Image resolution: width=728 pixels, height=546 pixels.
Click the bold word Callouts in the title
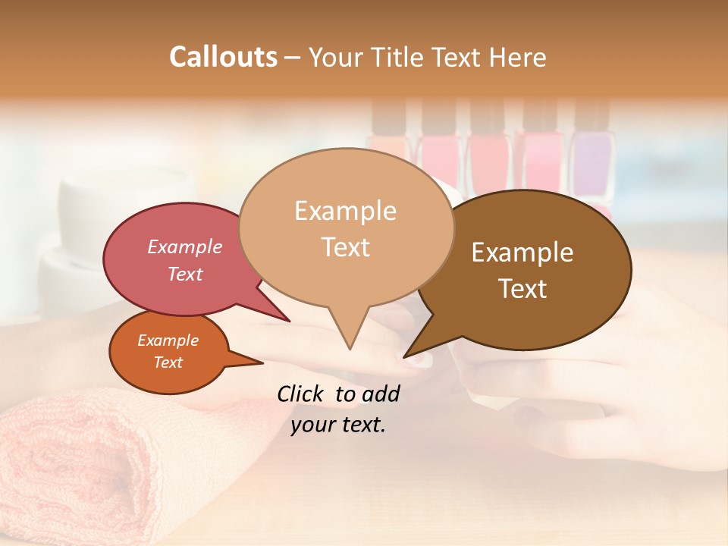223,57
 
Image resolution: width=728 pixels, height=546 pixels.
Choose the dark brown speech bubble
531,269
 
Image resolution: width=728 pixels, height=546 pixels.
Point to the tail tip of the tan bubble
350,348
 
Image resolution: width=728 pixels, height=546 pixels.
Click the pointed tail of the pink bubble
288,320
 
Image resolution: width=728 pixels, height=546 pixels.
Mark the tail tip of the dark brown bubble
405,356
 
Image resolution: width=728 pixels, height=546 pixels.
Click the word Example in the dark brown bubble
522,253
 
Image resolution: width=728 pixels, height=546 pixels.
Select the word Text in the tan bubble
345,247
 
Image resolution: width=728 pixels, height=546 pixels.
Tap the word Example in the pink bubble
185,247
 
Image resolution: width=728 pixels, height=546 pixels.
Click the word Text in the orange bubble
168,362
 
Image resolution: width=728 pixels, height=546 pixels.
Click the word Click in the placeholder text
303,394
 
